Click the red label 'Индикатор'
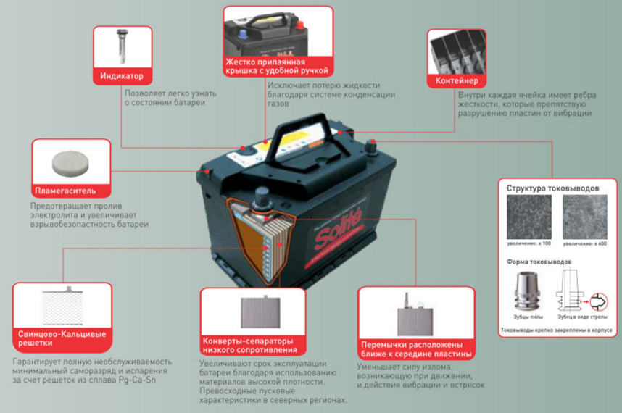[123, 76]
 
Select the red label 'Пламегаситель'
[71, 192]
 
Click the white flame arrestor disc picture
[71, 162]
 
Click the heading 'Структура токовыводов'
[553, 188]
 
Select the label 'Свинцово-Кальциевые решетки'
[62, 338]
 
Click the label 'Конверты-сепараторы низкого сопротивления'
[250, 345]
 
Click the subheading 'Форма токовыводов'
[538, 261]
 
